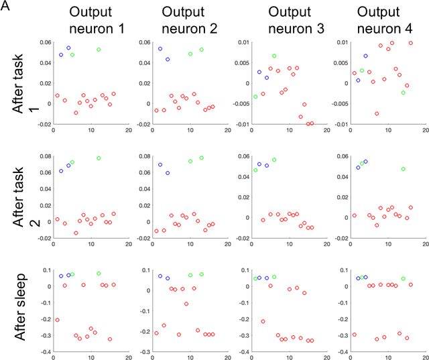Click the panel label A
[x=5, y=7]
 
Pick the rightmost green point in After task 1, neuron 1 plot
[x=99, y=50]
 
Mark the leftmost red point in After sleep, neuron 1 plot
[x=57, y=320]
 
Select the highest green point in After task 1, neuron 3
[x=274, y=56]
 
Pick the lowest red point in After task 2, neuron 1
[x=76, y=233]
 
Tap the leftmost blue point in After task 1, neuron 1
[x=61, y=55]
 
